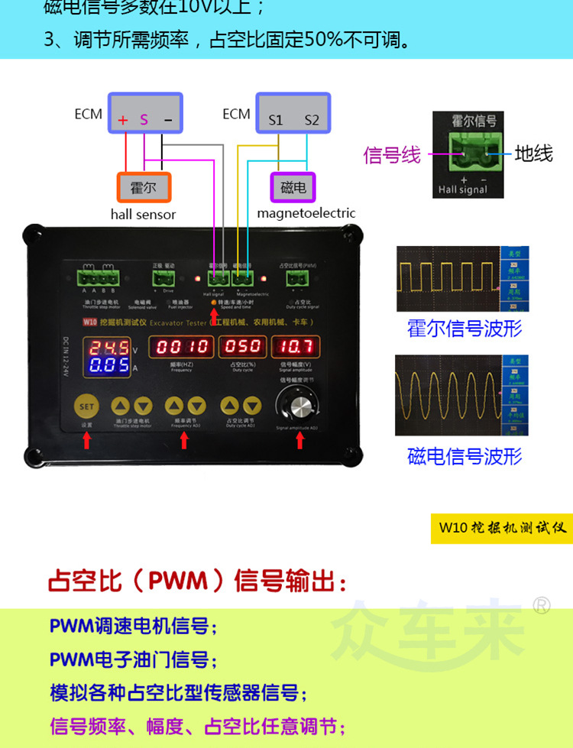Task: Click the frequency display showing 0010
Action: coord(183,347)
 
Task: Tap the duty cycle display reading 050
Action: coord(243,347)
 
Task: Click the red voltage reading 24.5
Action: coord(108,348)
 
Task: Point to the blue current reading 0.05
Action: coord(108,366)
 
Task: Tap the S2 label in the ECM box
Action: coord(312,120)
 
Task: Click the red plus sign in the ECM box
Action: coord(122,120)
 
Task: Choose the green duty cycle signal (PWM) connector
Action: coord(299,279)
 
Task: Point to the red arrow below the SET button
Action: coord(87,439)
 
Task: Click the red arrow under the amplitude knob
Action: coord(299,439)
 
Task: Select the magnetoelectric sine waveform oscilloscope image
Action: coord(461,395)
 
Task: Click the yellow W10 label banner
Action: coord(501,528)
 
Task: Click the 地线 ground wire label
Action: coord(533,154)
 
